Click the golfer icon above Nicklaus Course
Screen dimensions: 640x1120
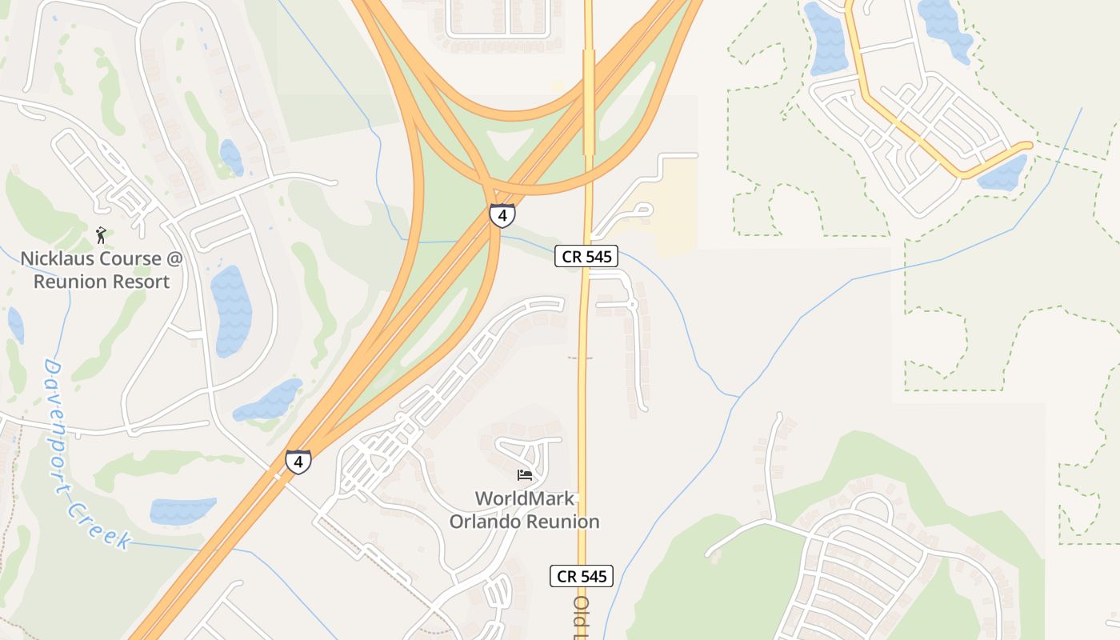tap(101, 234)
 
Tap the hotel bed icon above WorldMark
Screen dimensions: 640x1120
tap(525, 474)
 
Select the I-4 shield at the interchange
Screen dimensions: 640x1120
tap(502, 215)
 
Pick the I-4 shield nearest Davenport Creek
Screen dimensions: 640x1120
tap(298, 462)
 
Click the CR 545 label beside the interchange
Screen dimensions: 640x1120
tap(587, 257)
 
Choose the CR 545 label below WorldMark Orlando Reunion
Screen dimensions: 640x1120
tap(582, 576)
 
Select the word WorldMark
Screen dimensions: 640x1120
tap(525, 499)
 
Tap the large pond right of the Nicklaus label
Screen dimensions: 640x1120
tap(231, 300)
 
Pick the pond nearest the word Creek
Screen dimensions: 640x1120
tap(182, 510)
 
